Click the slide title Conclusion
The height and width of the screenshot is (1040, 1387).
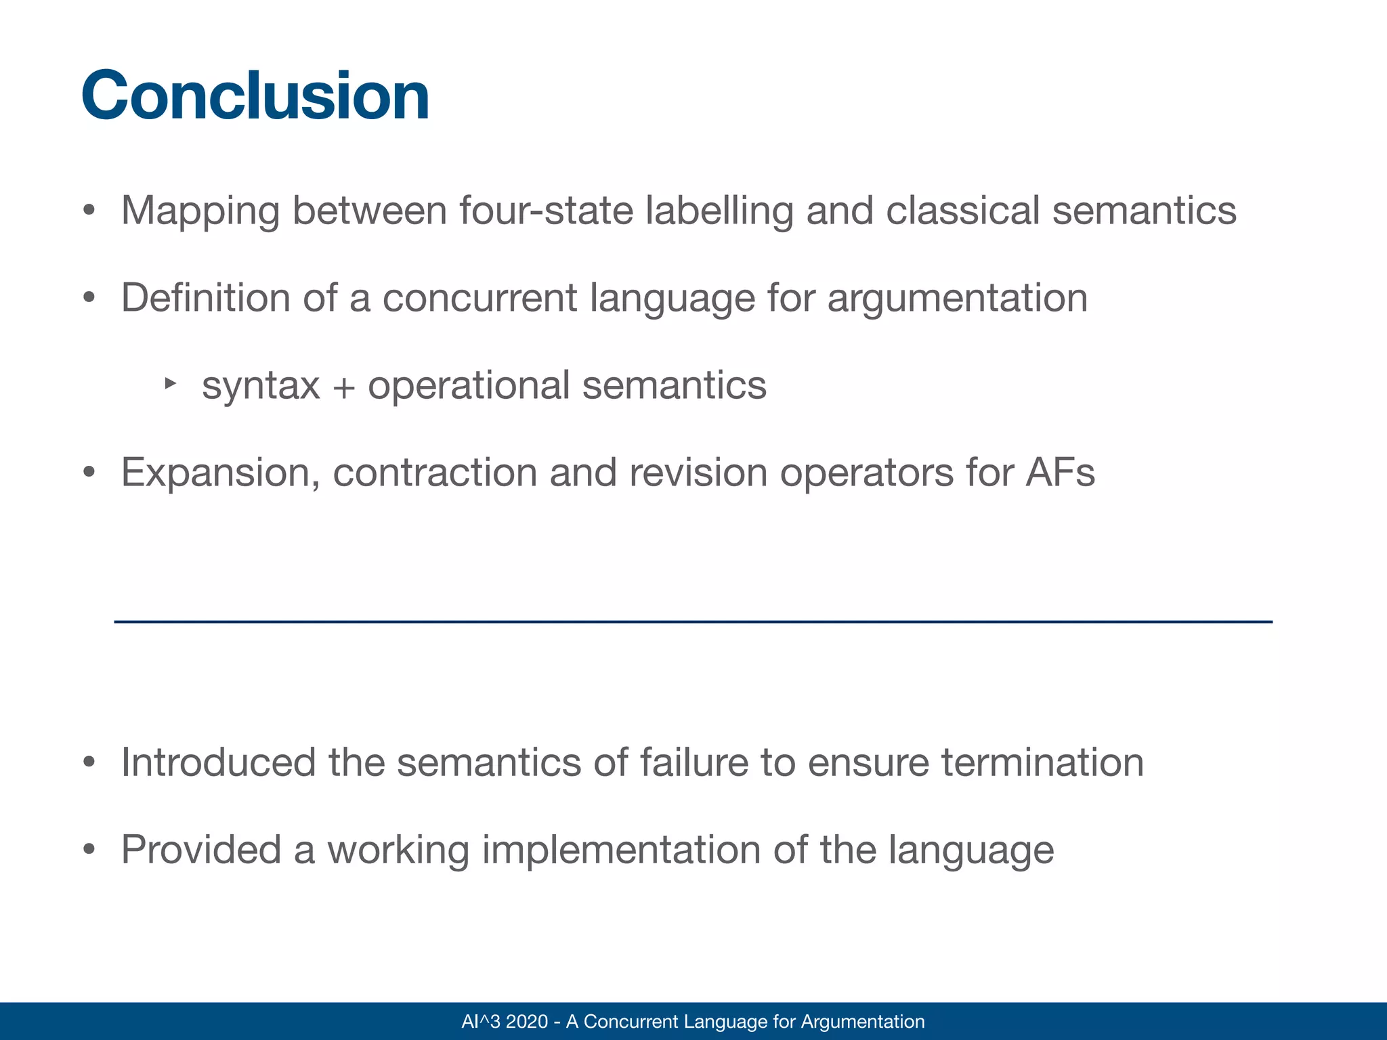point(255,96)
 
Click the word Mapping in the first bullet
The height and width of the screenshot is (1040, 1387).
point(200,211)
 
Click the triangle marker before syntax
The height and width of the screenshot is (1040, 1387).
point(170,384)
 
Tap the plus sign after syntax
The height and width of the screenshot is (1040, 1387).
point(343,387)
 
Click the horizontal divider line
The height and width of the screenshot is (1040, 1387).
point(693,622)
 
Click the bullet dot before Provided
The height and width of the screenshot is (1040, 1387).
point(89,850)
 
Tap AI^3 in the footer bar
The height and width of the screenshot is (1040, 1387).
point(480,1021)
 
